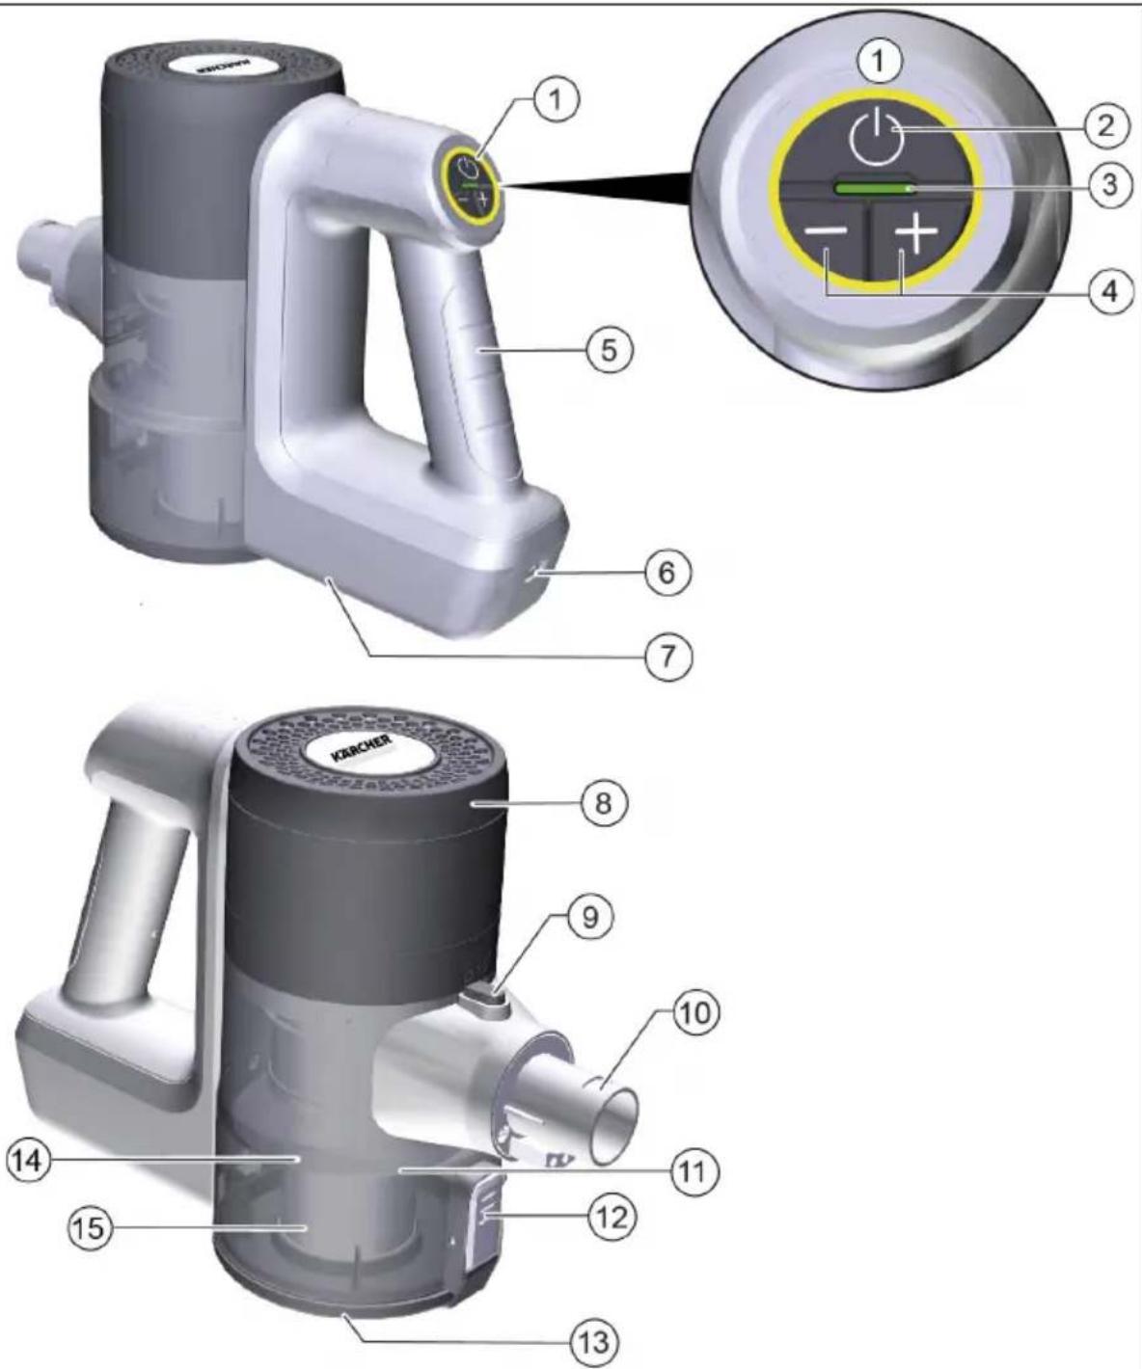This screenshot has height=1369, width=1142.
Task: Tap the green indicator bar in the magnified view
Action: (873, 189)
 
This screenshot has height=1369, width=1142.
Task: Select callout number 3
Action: (1108, 185)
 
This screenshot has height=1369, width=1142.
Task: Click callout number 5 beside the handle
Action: (610, 350)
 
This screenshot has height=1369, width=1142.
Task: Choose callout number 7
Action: (667, 657)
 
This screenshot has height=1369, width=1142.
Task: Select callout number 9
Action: (590, 919)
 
